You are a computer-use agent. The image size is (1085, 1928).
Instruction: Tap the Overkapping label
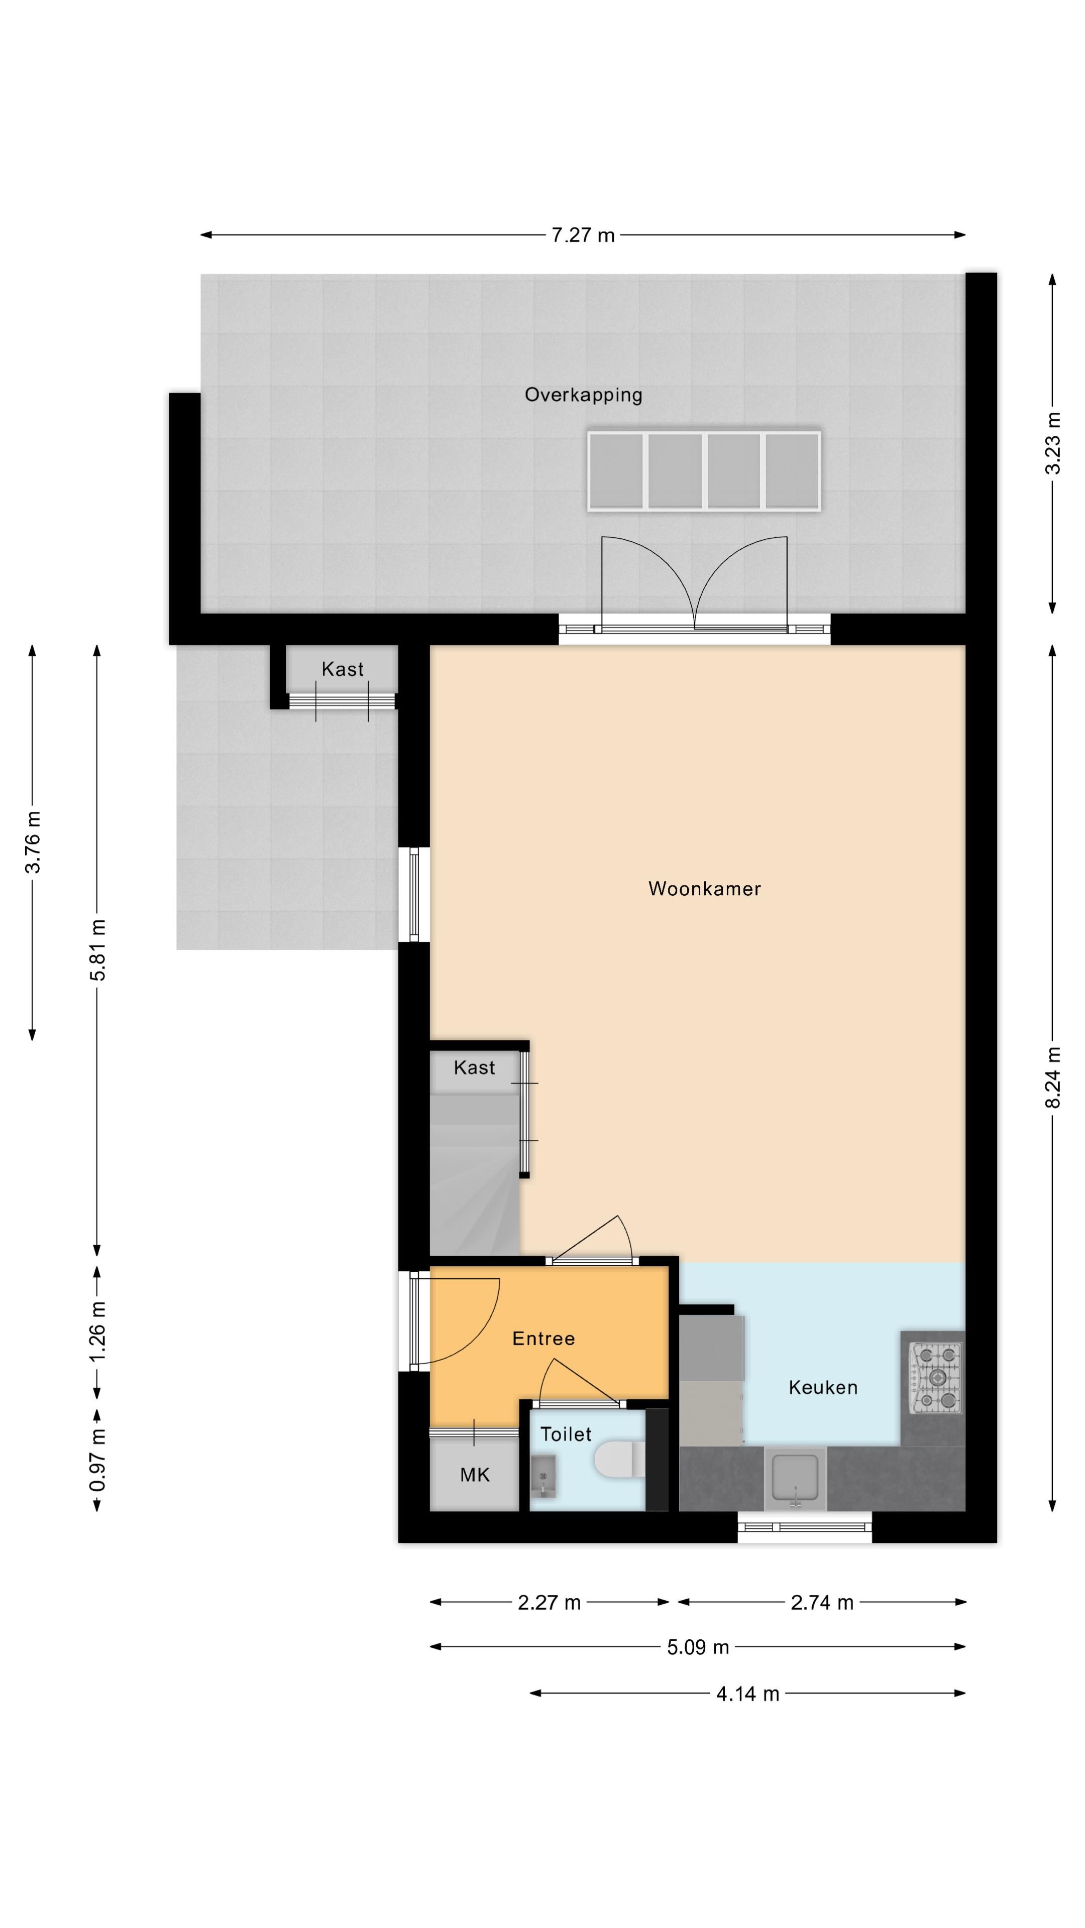click(583, 395)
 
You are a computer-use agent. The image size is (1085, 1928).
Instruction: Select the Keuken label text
click(823, 1388)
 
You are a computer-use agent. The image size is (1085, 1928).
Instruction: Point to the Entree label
click(544, 1338)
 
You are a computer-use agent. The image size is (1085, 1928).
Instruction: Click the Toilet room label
click(566, 1434)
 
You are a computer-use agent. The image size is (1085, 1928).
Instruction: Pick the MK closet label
click(475, 1475)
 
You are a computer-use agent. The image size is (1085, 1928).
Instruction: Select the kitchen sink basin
click(795, 1478)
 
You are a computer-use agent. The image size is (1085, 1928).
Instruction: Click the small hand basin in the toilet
click(543, 1476)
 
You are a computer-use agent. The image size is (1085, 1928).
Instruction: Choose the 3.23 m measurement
click(1053, 443)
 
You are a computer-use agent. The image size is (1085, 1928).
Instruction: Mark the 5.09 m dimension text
click(698, 1647)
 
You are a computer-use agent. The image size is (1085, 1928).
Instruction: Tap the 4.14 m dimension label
click(748, 1693)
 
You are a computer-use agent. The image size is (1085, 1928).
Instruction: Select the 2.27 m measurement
click(549, 1603)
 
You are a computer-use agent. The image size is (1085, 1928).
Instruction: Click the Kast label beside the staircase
click(474, 1067)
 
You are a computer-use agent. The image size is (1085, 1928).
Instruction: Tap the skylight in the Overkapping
click(704, 471)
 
